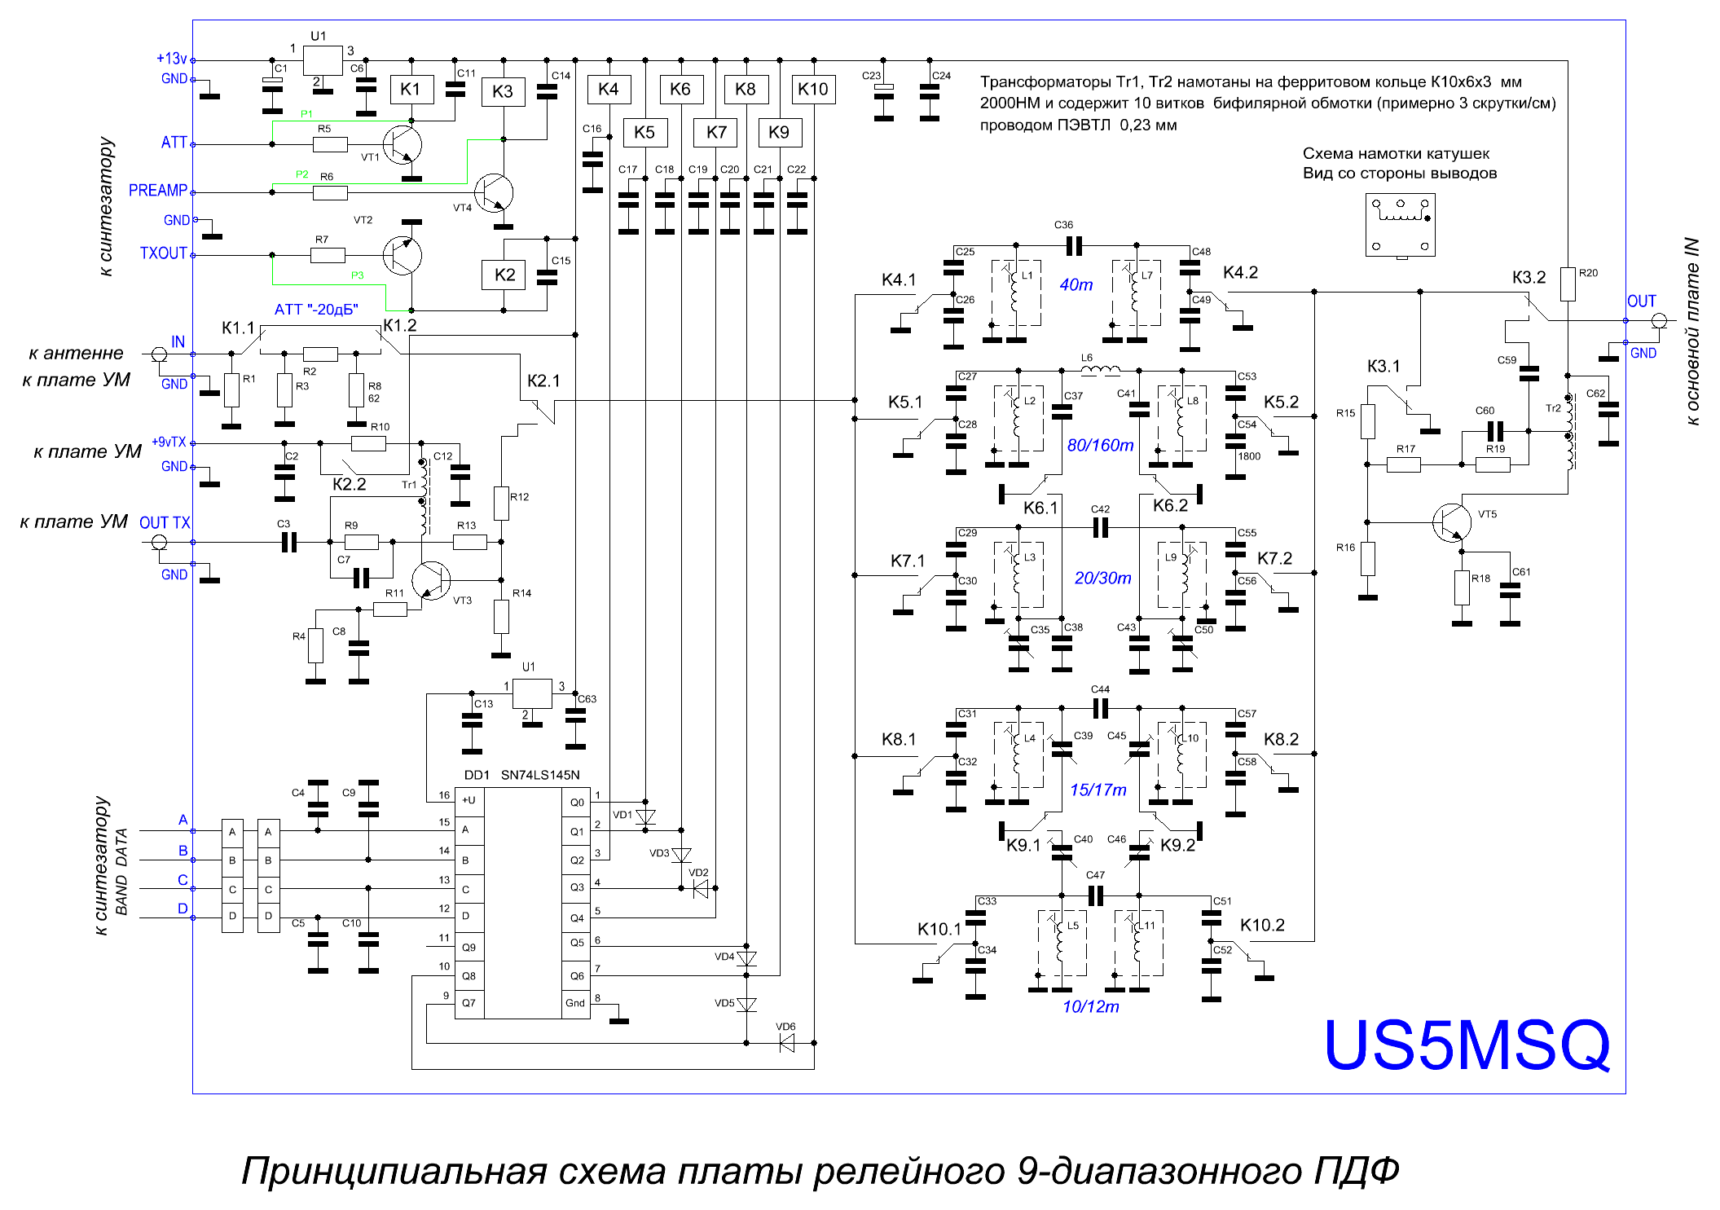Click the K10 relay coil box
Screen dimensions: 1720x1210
[x=813, y=90]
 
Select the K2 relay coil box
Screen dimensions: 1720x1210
[x=504, y=275]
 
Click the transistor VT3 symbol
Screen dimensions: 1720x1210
[x=431, y=580]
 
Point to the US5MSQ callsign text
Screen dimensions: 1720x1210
[x=1467, y=1045]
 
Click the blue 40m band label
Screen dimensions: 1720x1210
[x=1076, y=284]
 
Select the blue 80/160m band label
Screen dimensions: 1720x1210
[x=1100, y=445]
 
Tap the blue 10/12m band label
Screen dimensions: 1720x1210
[x=1090, y=1006]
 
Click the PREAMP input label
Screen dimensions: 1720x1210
[x=158, y=191]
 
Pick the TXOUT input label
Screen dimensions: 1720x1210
[x=164, y=253]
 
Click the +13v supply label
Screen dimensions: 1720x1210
[x=172, y=59]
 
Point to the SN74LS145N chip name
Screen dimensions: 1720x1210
[x=540, y=775]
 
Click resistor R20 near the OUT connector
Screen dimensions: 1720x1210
[x=1567, y=284]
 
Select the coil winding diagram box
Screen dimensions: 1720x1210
[x=1401, y=225]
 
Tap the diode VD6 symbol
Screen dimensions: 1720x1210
[x=787, y=1043]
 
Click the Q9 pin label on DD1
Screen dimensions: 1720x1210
[x=468, y=948]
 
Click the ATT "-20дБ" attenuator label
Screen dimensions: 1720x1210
[x=316, y=310]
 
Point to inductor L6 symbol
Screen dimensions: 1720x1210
[x=1100, y=371]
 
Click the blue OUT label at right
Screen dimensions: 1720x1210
[x=1641, y=301]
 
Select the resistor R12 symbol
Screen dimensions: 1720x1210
[x=501, y=504]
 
